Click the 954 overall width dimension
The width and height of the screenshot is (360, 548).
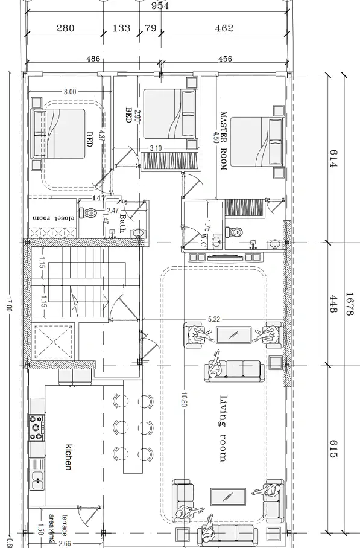point(160,6)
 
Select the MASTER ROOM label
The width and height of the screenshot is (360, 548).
point(224,141)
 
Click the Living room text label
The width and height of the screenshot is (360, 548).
point(223,428)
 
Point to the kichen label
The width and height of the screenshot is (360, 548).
point(69,457)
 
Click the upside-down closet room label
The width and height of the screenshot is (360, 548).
point(54,218)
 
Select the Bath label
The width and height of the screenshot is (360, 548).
point(122,223)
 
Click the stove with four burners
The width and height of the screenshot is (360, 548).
point(37,427)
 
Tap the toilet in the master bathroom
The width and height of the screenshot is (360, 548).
point(234,231)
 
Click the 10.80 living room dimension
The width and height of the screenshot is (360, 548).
point(184,400)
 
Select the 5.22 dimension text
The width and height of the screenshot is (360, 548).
point(214,319)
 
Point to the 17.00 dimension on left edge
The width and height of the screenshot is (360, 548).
point(9,304)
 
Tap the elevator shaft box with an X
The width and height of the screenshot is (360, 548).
point(53,342)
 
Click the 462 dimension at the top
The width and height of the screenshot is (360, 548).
point(224,28)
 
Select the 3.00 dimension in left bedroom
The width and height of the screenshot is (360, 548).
point(70,92)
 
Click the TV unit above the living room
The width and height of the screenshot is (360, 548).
point(224,258)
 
